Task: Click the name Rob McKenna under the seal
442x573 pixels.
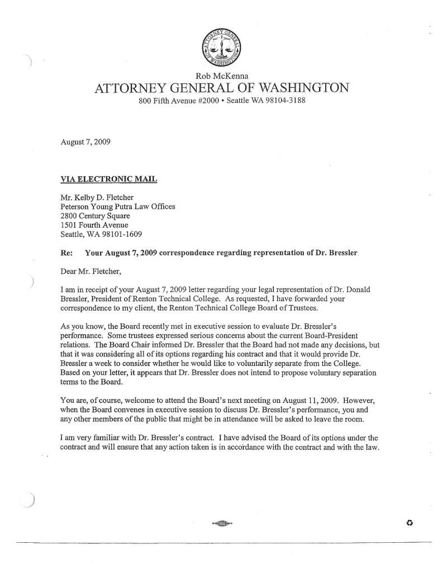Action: [x=221, y=76]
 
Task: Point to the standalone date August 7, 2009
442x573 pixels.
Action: [x=85, y=142]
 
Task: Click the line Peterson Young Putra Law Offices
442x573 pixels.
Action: [x=117, y=206]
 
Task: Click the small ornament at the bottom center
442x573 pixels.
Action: [x=221, y=523]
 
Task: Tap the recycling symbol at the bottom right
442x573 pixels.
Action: [x=410, y=523]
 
